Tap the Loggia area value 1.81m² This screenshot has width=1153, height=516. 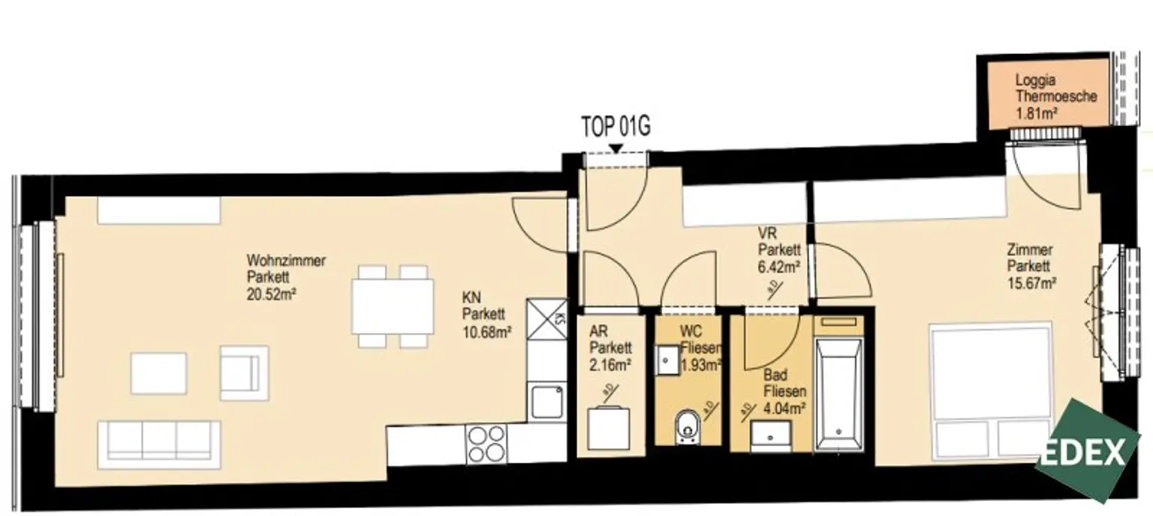[x=1036, y=113]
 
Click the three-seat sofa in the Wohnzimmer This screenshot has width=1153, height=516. [x=159, y=439]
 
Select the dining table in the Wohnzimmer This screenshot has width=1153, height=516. [x=393, y=307]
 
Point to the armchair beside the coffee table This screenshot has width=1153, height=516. [x=243, y=372]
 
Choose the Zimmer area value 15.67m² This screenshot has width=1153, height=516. [x=1033, y=283]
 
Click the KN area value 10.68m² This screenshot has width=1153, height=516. [x=486, y=331]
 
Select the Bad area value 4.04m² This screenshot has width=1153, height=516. [x=784, y=409]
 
